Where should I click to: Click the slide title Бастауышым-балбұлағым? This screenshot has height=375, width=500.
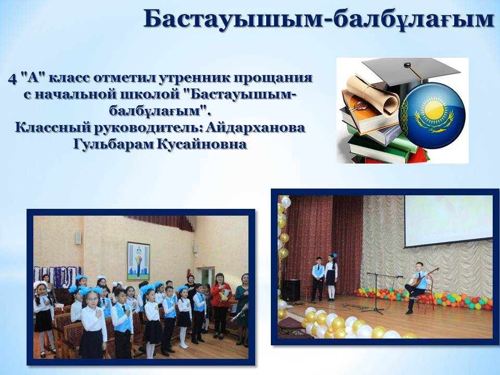(x=319, y=19)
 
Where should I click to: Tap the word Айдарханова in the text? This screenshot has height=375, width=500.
(x=256, y=128)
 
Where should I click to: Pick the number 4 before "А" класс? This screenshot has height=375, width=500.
(x=12, y=79)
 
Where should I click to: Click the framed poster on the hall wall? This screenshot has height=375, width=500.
(x=139, y=261)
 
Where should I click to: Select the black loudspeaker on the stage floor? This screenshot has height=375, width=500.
(x=291, y=290)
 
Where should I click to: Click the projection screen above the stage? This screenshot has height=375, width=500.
(x=448, y=221)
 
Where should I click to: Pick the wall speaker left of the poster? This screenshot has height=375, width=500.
(x=78, y=238)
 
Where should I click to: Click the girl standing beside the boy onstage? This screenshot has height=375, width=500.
(x=331, y=277)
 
